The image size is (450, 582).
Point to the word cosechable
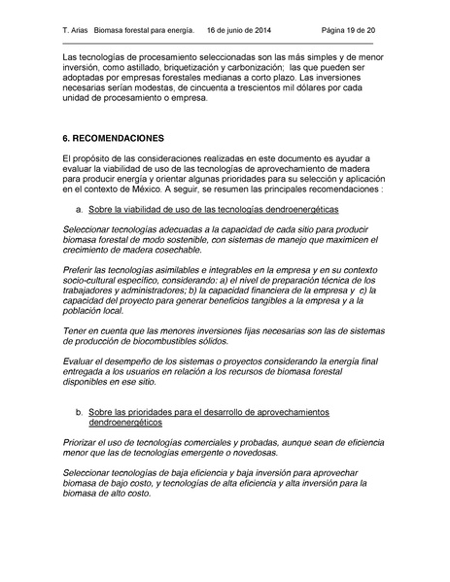(x=178, y=249)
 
